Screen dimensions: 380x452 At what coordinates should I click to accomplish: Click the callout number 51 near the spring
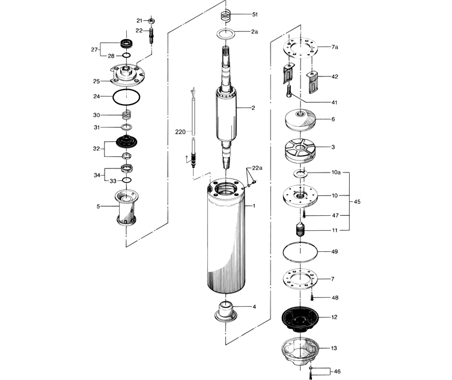pos(255,14)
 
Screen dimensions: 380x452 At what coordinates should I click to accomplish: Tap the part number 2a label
pos(255,31)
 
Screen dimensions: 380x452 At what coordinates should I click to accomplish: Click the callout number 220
pos(180,131)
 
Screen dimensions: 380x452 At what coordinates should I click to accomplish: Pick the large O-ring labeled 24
pos(127,96)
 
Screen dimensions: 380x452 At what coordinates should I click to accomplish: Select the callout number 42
pos(335,77)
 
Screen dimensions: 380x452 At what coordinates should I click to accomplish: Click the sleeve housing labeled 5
pos(126,207)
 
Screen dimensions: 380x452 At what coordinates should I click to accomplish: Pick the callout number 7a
pos(335,46)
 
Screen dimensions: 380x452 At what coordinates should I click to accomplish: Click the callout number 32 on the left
pos(96,148)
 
